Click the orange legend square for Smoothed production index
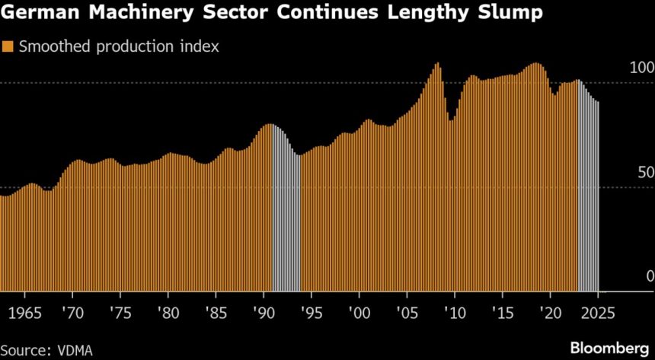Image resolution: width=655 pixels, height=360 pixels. pyautogui.click(x=8, y=46)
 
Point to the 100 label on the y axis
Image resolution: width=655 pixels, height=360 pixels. pyautogui.click(x=642, y=68)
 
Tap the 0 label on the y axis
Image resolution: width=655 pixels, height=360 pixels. pyautogui.click(x=650, y=276)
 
